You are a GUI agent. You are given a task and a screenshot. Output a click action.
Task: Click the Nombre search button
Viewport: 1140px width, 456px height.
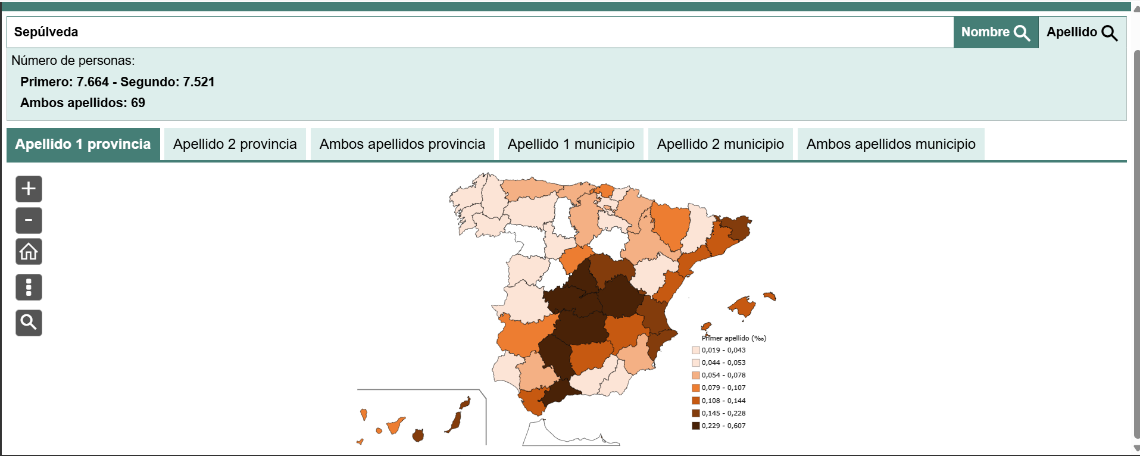(x=995, y=32)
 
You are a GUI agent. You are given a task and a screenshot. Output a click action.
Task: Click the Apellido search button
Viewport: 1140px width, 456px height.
(x=1082, y=32)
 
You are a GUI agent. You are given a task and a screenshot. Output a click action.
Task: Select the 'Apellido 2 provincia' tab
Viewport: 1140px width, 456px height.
(x=235, y=144)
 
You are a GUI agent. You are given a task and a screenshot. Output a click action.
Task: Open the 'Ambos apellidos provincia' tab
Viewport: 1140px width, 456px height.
(x=402, y=144)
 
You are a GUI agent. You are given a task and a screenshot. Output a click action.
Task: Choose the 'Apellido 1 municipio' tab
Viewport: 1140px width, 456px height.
(x=571, y=144)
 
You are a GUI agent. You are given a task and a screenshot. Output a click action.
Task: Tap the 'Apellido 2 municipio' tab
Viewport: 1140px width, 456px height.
(x=720, y=144)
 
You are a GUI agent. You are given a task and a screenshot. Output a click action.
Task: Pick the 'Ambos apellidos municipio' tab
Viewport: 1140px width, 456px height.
(x=891, y=144)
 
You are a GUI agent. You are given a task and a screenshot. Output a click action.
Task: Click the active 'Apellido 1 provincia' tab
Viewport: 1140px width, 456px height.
(x=83, y=144)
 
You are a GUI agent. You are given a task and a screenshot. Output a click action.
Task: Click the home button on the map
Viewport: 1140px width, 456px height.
(x=29, y=252)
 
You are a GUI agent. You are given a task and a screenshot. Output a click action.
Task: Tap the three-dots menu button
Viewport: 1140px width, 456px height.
(x=29, y=287)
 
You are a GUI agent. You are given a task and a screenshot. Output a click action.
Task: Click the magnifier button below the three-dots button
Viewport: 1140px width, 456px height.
(x=29, y=323)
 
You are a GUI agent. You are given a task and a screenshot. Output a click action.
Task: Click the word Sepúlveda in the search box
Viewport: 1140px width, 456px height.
(x=46, y=32)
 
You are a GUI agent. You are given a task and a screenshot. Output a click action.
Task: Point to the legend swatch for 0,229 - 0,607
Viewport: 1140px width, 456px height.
(x=695, y=426)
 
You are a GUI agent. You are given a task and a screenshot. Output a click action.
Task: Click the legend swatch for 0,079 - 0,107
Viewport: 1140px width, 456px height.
(x=695, y=388)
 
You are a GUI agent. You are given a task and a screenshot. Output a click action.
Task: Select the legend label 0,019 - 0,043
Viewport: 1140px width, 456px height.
(x=723, y=350)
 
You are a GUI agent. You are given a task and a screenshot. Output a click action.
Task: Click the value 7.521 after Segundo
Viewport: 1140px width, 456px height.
(x=198, y=82)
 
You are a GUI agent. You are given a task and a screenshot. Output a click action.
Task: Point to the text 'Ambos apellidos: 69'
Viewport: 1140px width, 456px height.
(x=83, y=103)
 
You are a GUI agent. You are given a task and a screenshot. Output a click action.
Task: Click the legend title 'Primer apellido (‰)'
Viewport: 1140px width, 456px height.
(x=734, y=338)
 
